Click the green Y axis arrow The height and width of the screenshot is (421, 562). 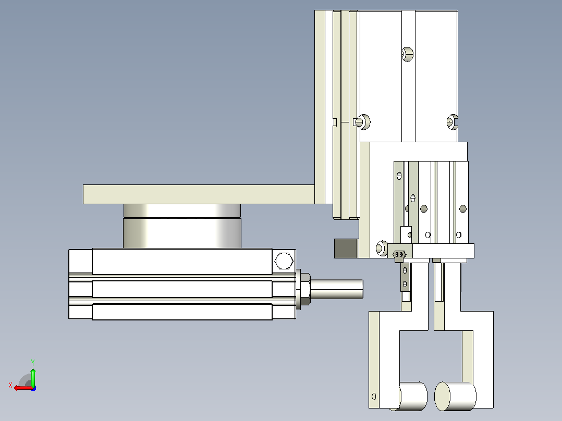click(33, 377)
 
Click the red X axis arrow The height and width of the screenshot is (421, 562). click(23, 388)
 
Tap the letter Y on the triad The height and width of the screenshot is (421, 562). click(33, 362)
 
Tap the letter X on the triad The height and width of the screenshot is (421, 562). click(10, 385)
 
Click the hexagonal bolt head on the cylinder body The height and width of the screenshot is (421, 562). click(284, 261)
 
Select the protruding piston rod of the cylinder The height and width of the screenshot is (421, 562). click(336, 289)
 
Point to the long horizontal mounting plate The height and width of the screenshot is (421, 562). click(199, 194)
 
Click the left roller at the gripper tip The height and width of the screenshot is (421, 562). click(412, 396)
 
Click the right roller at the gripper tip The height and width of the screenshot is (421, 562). click(455, 396)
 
